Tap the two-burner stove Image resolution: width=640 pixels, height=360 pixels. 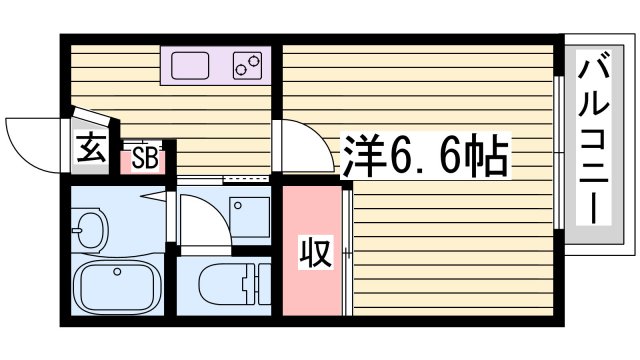coord(247,66)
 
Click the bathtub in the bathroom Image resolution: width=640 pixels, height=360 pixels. coord(117,288)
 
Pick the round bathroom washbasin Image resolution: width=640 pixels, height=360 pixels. coord(90,230)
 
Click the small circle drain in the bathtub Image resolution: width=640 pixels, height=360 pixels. coord(118,270)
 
